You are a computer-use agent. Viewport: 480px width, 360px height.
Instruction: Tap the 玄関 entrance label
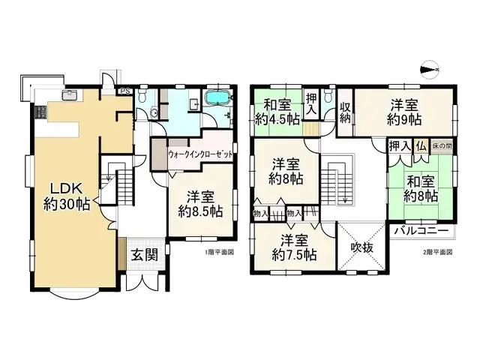click(x=145, y=255)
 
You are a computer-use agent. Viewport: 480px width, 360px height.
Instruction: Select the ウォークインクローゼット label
click(x=199, y=153)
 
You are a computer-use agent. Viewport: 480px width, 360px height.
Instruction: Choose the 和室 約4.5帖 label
click(x=277, y=112)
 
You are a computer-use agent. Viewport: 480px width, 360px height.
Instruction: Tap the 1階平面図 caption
click(x=220, y=252)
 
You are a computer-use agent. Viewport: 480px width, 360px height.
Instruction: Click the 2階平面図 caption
click(x=438, y=252)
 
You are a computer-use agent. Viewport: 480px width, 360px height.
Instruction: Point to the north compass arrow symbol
click(x=429, y=70)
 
